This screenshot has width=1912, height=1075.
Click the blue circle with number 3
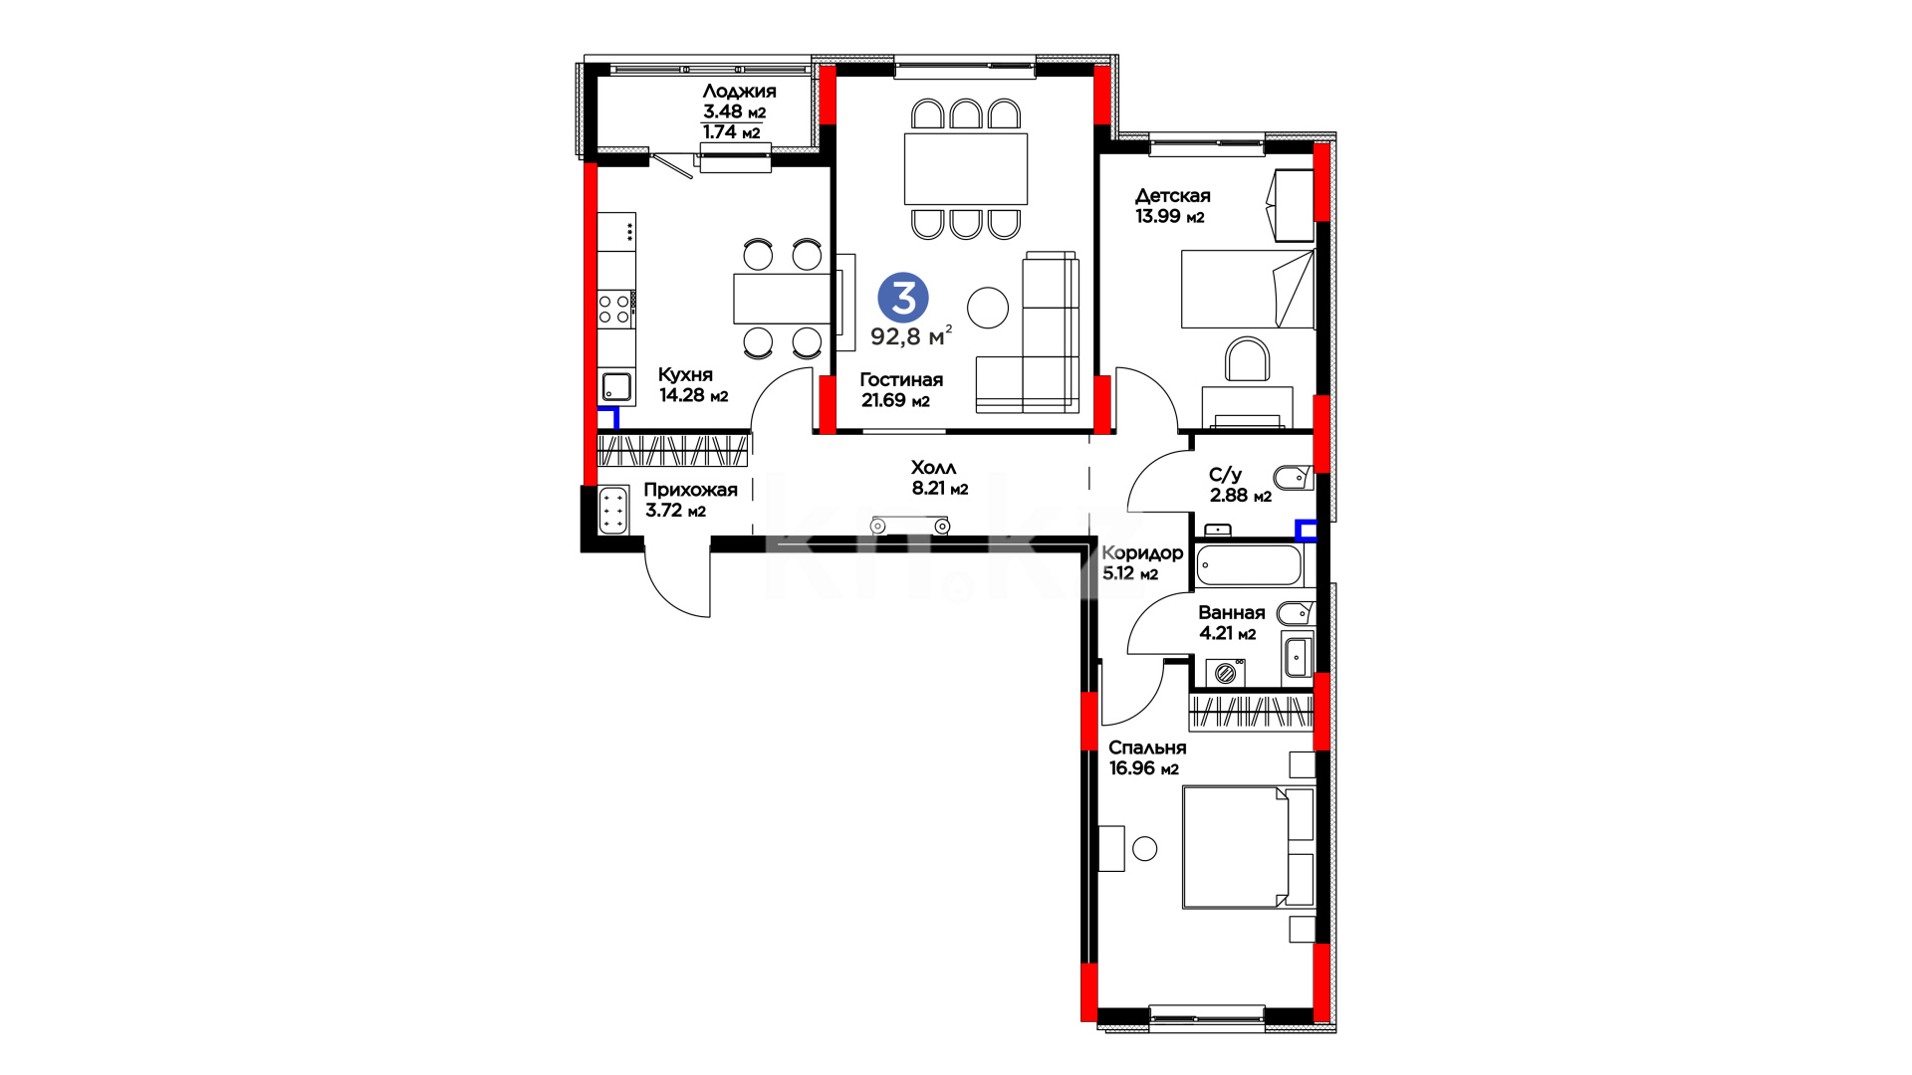[x=903, y=298]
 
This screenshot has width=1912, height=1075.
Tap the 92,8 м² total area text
[x=911, y=335]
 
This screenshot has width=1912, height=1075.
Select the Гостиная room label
[x=901, y=379]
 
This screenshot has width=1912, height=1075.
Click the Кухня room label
[x=685, y=375]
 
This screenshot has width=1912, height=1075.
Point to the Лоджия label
[x=739, y=92]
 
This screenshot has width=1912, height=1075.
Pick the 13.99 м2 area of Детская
[x=1170, y=216]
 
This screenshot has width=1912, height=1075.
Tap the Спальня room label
[x=1147, y=748]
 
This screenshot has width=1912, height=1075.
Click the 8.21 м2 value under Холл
[x=940, y=489]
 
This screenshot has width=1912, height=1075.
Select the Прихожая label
[x=690, y=490]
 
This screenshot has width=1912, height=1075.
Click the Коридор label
[x=1142, y=552]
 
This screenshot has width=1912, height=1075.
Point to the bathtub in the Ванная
[x=1249, y=565]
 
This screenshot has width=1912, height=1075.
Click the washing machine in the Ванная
[x=1226, y=674]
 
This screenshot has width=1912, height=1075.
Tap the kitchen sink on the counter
[x=616, y=386]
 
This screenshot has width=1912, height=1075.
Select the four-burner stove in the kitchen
[x=616, y=308]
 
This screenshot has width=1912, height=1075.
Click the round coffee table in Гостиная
[x=988, y=308]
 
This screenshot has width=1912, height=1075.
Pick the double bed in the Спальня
[x=1248, y=847]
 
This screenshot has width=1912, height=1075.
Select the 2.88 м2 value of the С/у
[x=1241, y=496]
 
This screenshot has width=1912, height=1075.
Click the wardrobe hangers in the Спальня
[x=1252, y=711]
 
